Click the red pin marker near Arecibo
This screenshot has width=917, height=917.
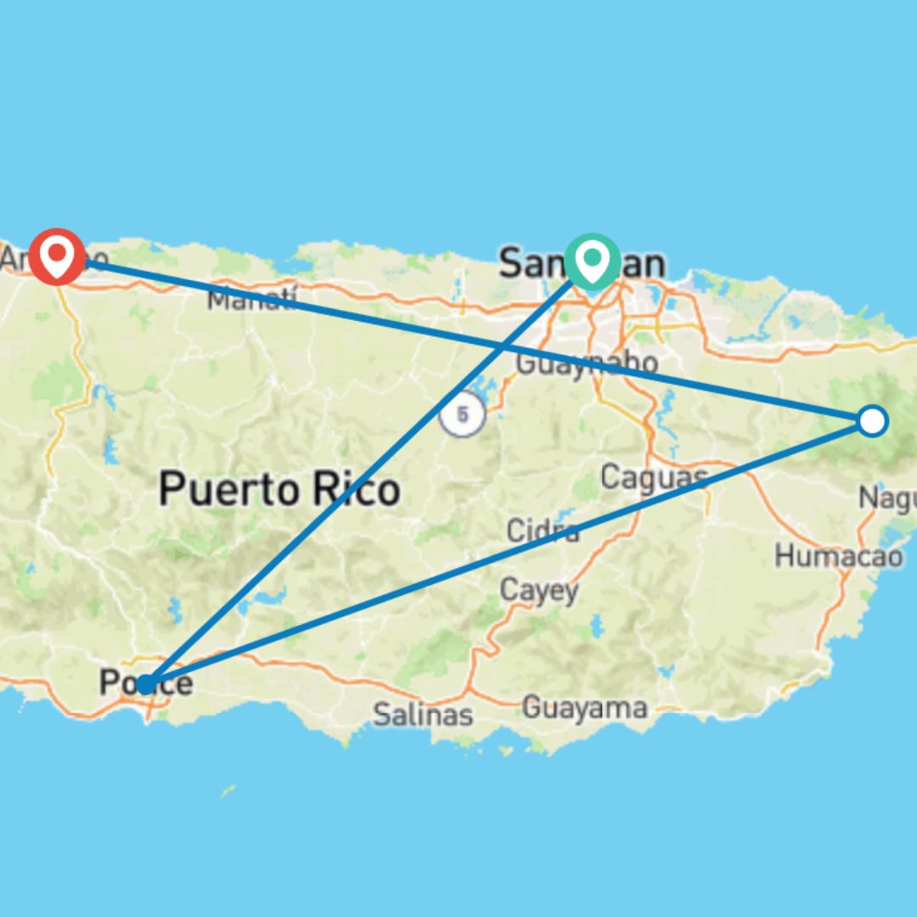(x=57, y=254)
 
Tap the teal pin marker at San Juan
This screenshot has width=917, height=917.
(x=592, y=258)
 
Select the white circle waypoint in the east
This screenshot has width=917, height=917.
(x=872, y=420)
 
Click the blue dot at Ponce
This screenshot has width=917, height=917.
(x=146, y=684)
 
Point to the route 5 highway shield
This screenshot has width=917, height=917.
(x=463, y=416)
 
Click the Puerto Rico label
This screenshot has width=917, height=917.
(x=279, y=489)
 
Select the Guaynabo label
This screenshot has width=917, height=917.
(x=586, y=363)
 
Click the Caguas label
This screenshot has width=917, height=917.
(x=654, y=476)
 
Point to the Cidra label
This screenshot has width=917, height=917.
(x=543, y=532)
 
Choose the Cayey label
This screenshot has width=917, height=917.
(x=539, y=590)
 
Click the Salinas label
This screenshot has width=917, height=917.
(x=423, y=714)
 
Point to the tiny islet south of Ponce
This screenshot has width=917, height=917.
(x=228, y=791)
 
